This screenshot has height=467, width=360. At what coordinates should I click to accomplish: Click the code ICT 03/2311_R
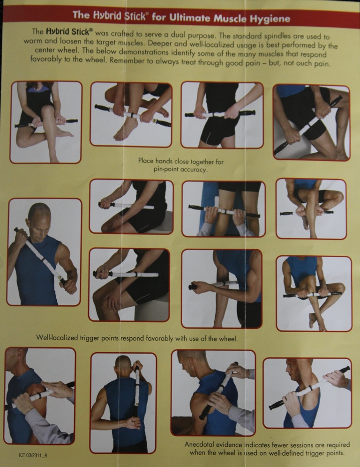(x=33, y=455)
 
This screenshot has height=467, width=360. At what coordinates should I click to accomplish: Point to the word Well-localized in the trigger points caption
(x=57, y=337)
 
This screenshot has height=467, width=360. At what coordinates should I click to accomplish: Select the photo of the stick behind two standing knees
(x=224, y=209)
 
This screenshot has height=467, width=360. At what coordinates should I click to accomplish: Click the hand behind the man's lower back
(x=132, y=423)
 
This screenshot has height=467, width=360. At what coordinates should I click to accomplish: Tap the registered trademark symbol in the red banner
(x=147, y=14)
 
